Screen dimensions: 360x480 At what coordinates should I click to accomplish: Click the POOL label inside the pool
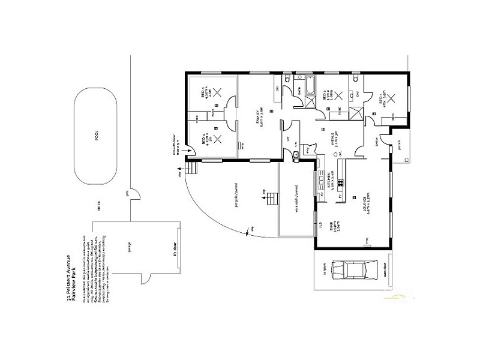click(x=97, y=136)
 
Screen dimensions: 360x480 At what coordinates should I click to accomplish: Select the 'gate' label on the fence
click(x=127, y=193)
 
